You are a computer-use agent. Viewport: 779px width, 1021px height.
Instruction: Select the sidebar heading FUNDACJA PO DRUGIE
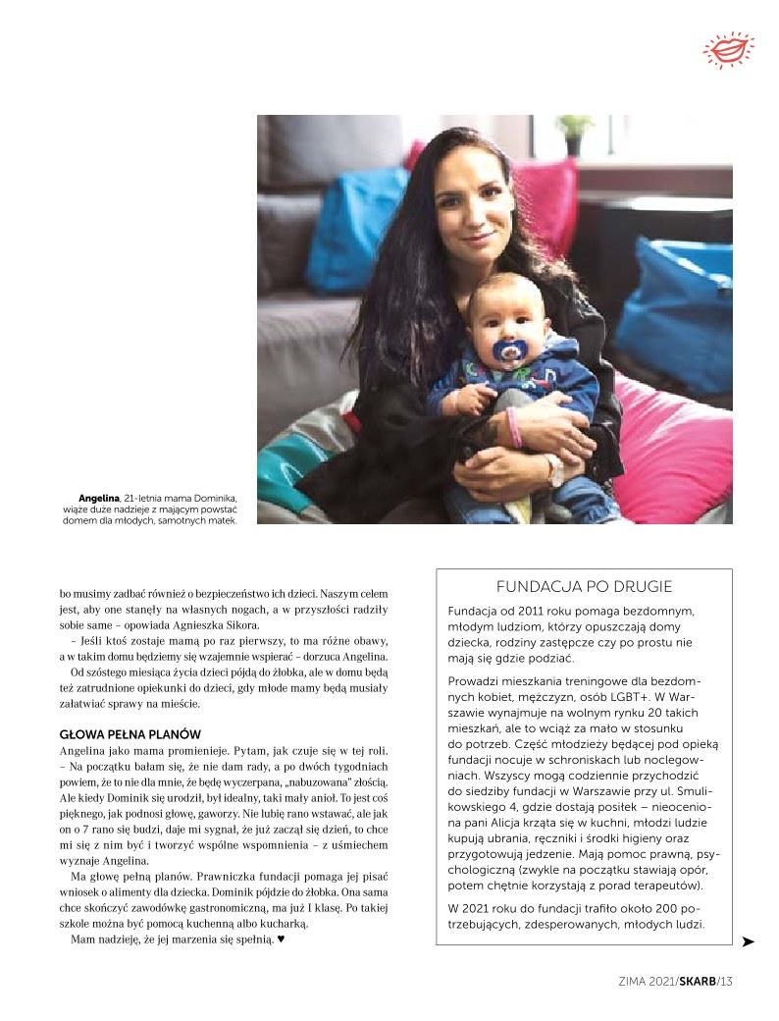point(584,587)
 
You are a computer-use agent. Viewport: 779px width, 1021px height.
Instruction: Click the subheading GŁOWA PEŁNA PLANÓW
point(130,734)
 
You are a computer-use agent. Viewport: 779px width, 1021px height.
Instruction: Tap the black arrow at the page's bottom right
point(748,941)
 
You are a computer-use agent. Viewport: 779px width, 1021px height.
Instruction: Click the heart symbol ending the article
point(281,939)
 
